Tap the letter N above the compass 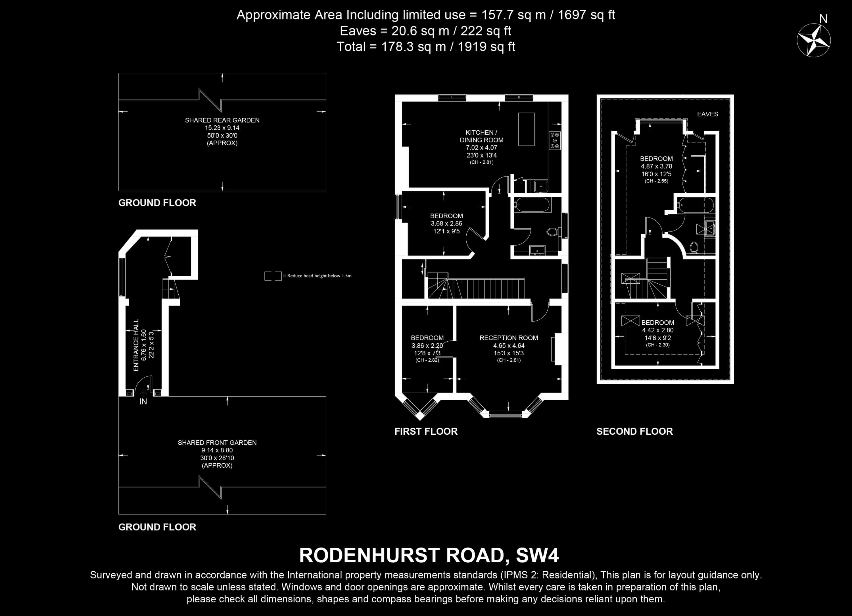[823, 19]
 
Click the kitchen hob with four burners [554, 141]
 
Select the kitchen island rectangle [526, 129]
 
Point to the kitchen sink [541, 186]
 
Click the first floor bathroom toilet [553, 231]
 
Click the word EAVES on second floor [707, 114]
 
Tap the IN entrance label [143, 402]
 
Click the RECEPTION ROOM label [509, 338]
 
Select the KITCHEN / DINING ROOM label [482, 136]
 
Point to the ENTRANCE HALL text [136, 345]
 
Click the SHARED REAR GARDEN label [222, 120]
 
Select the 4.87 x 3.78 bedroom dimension [656, 166]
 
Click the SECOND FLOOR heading [634, 431]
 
